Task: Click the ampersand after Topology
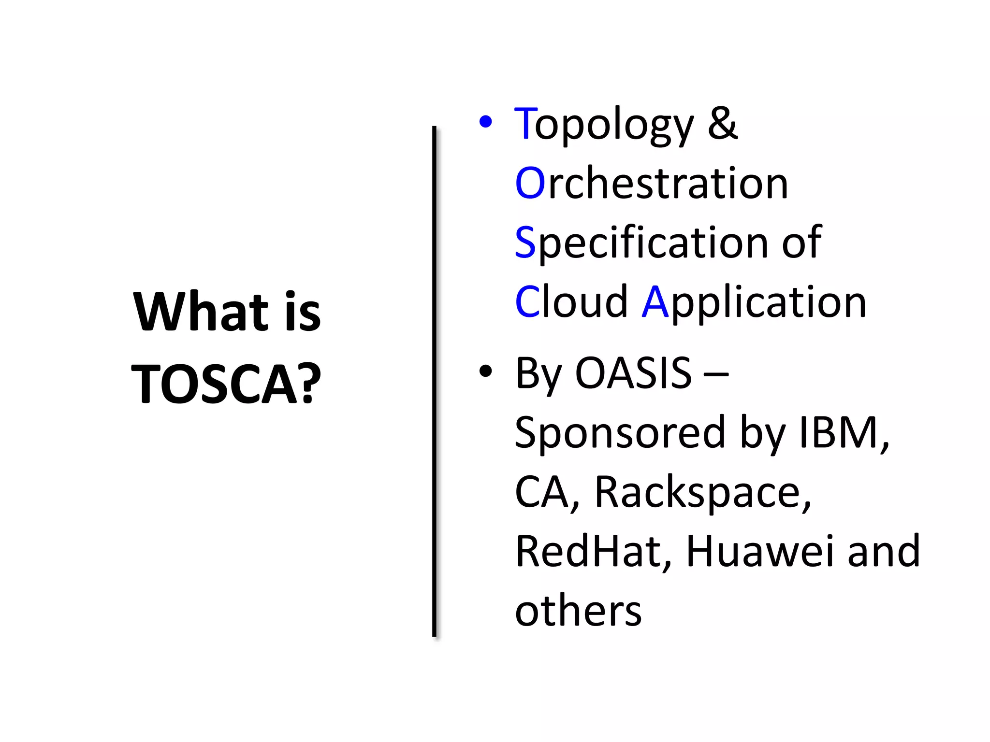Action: point(723,124)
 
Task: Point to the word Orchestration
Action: point(652,183)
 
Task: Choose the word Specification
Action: point(641,243)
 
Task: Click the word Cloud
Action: point(571,302)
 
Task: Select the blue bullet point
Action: point(485,122)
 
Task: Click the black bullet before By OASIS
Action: point(485,371)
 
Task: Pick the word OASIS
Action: point(633,372)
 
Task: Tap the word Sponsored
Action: point(620,433)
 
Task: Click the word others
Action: point(578,611)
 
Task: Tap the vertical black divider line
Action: point(434,382)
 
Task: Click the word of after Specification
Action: point(801,242)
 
